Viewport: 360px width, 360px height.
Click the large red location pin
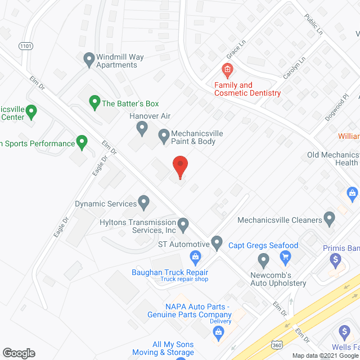pyautogui.click(x=180, y=166)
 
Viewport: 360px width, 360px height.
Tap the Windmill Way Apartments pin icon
pyautogui.click(x=88, y=58)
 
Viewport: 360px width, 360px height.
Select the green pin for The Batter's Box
pyautogui.click(x=94, y=102)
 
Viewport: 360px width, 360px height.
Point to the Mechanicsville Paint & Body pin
pyautogui.click(x=164, y=135)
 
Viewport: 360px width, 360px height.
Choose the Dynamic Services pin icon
pyautogui.click(x=143, y=201)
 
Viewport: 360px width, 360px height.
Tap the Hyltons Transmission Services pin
pyautogui.click(x=183, y=224)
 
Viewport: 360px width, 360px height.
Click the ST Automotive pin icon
pyautogui.click(x=217, y=243)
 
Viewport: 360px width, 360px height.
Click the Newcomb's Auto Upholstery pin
pyautogui.click(x=263, y=260)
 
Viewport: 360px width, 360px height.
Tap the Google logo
pyautogui.click(x=19, y=353)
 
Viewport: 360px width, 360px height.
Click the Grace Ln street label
pyautogui.click(x=233, y=53)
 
